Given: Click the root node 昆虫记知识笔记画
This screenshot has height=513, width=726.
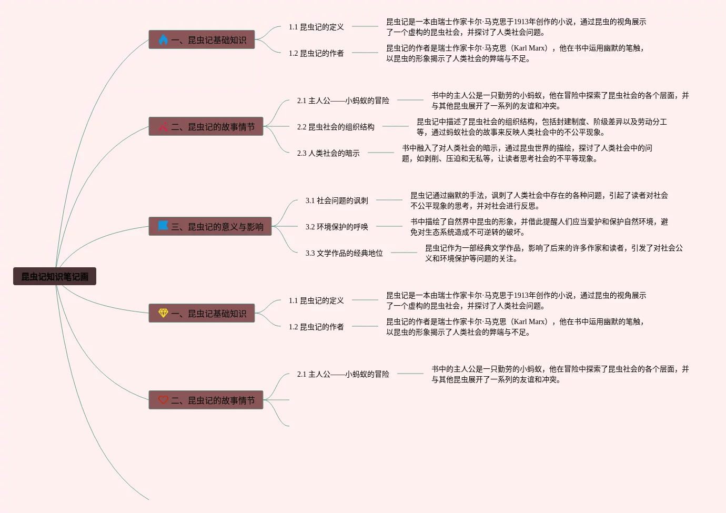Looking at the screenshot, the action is [55, 276].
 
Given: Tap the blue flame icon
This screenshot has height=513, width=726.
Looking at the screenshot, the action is [163, 39].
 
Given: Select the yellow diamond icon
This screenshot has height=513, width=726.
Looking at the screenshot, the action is [163, 313].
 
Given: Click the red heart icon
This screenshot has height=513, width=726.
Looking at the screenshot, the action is [163, 399].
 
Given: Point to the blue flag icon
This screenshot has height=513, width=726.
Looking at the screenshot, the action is [163, 226].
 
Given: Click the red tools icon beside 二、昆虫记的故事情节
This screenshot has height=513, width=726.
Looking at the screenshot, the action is [163, 126].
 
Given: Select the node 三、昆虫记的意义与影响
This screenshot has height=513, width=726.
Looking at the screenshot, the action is [210, 226].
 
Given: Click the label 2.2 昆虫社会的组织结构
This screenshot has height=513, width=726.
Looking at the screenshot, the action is [336, 127].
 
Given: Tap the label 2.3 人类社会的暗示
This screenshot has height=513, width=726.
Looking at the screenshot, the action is [328, 153].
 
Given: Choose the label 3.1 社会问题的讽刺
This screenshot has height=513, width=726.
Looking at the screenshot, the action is [337, 200].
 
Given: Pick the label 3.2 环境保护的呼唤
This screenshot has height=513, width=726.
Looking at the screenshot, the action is [337, 227].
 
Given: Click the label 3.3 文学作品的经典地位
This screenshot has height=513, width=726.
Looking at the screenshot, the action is [344, 253].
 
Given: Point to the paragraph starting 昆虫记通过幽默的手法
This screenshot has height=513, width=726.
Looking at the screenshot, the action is [539, 200].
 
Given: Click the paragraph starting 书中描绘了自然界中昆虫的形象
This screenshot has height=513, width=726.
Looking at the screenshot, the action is [539, 227].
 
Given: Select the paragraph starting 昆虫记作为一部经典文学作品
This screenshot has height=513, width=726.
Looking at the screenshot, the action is [554, 253].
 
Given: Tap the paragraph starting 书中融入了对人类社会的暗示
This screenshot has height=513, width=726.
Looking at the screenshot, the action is [527, 153].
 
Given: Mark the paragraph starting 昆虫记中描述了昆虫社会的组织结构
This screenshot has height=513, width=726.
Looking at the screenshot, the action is [541, 127].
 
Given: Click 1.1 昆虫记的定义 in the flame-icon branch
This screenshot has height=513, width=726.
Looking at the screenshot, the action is [316, 27].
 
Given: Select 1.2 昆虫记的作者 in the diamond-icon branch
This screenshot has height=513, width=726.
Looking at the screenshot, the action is [316, 327].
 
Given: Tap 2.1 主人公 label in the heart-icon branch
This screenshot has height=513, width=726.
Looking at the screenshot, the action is [343, 374].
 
